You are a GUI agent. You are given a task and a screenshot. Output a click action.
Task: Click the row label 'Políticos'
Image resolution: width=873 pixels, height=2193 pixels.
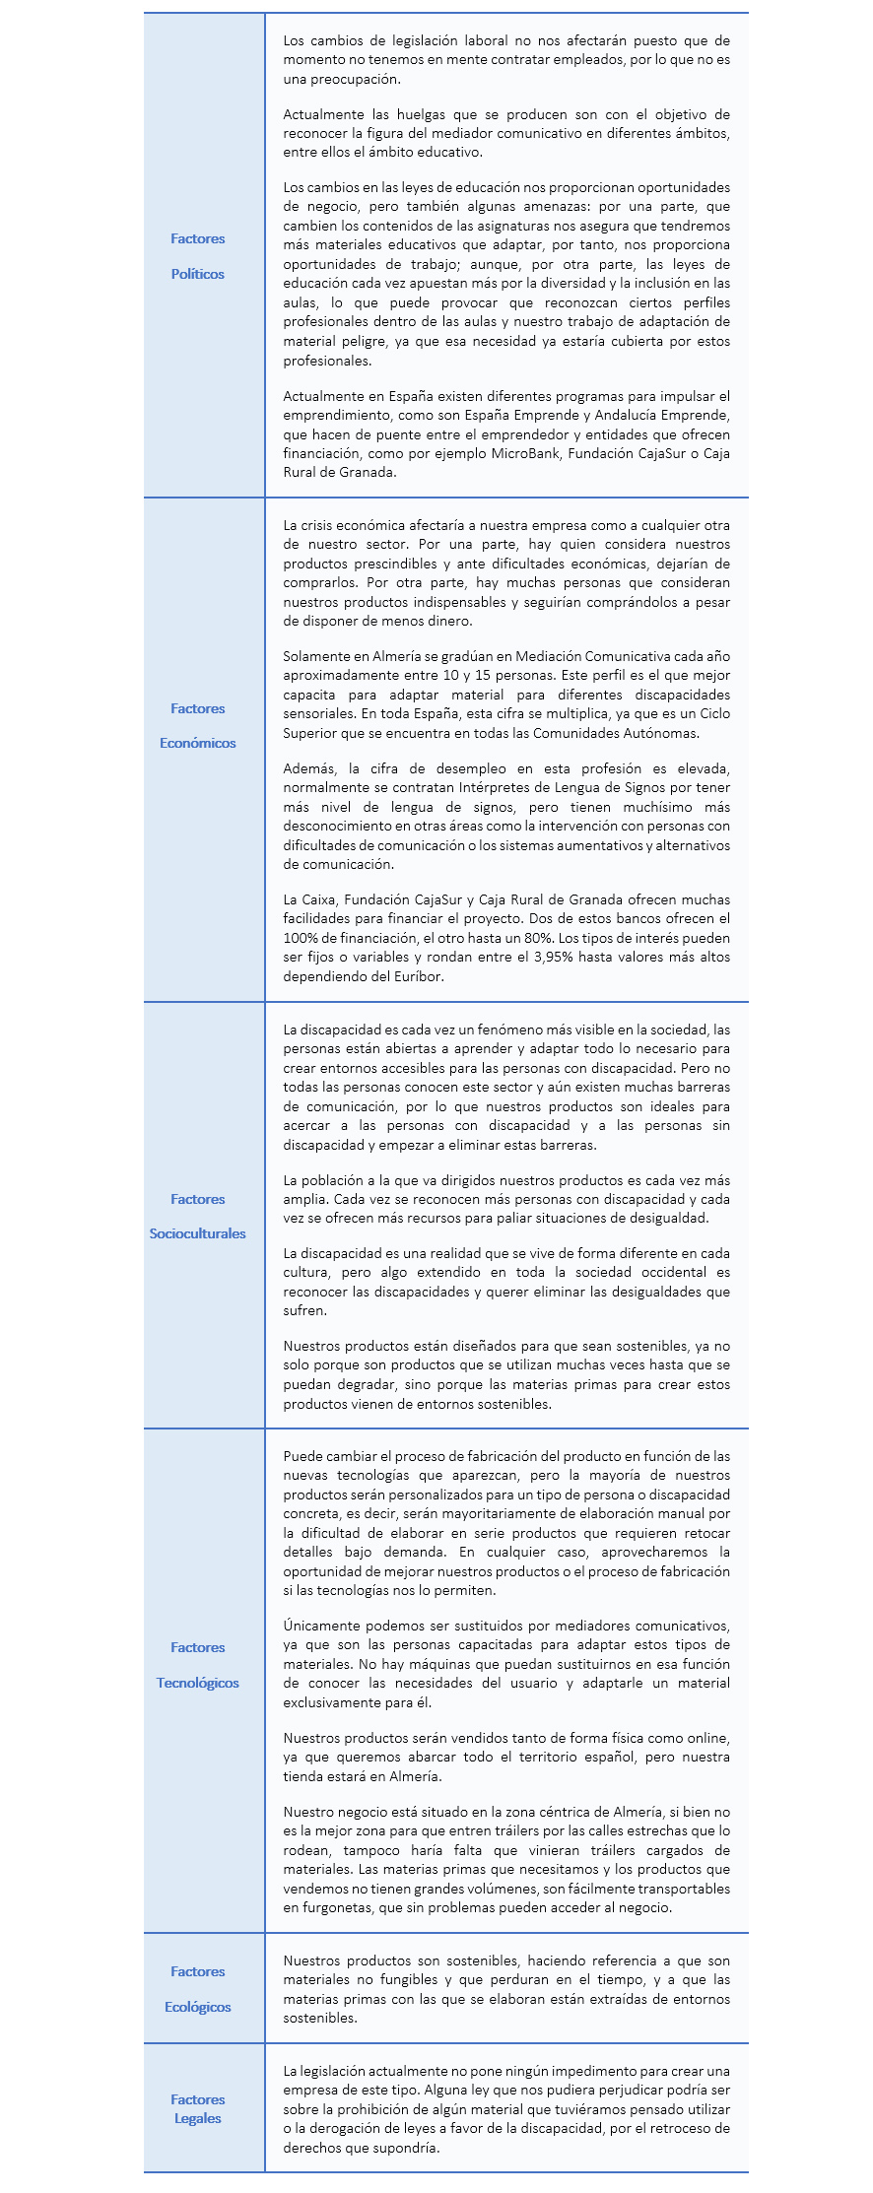[197, 274]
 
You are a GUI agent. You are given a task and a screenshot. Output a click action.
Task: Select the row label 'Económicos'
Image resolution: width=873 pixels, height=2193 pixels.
[197, 743]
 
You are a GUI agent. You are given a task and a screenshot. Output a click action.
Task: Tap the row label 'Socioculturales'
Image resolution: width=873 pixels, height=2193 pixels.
[197, 1233]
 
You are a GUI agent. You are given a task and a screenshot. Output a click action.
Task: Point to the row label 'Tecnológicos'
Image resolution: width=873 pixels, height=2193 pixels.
[197, 1683]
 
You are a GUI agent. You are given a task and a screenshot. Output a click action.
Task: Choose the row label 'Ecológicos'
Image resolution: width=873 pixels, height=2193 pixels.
[197, 2007]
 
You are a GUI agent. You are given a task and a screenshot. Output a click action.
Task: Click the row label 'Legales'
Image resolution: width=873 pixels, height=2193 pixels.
[197, 2118]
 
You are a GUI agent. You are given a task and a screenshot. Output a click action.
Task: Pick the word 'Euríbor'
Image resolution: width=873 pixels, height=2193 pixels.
[418, 976]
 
